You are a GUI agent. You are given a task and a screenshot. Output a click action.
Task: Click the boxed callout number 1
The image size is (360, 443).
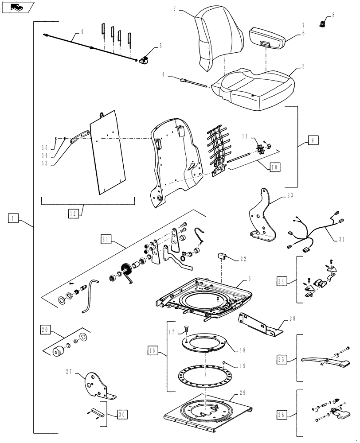click(14, 218)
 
